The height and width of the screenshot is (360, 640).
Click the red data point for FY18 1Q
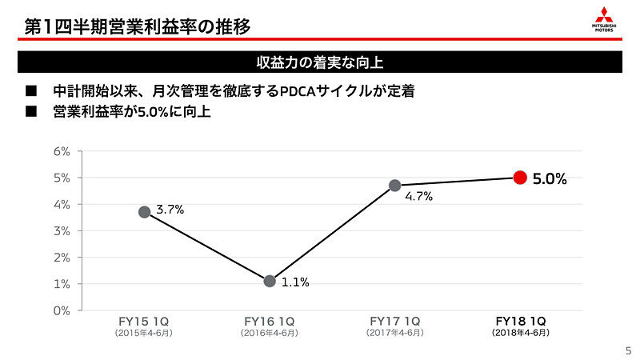tap(519, 178)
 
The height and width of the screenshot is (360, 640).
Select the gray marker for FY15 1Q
tap(144, 212)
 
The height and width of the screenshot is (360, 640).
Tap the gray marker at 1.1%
tap(270, 281)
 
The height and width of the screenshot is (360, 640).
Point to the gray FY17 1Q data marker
tap(394, 186)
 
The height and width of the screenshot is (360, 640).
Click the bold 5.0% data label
tap(550, 179)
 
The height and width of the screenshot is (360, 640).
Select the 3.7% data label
tap(170, 210)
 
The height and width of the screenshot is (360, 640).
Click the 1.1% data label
tap(295, 282)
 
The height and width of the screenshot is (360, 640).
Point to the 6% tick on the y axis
tap(62, 151)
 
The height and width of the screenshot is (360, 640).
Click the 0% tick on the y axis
tap(62, 310)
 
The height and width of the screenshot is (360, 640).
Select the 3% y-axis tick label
tap(62, 230)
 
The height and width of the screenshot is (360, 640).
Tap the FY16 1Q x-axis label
tap(270, 322)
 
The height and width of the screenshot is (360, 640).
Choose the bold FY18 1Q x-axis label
tap(520, 322)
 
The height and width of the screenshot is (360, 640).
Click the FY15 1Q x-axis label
tap(144, 322)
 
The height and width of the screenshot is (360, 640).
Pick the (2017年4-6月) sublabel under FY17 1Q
tap(394, 333)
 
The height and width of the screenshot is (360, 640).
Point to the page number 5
tap(627, 350)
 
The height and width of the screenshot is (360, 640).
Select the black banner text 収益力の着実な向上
tap(319, 62)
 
